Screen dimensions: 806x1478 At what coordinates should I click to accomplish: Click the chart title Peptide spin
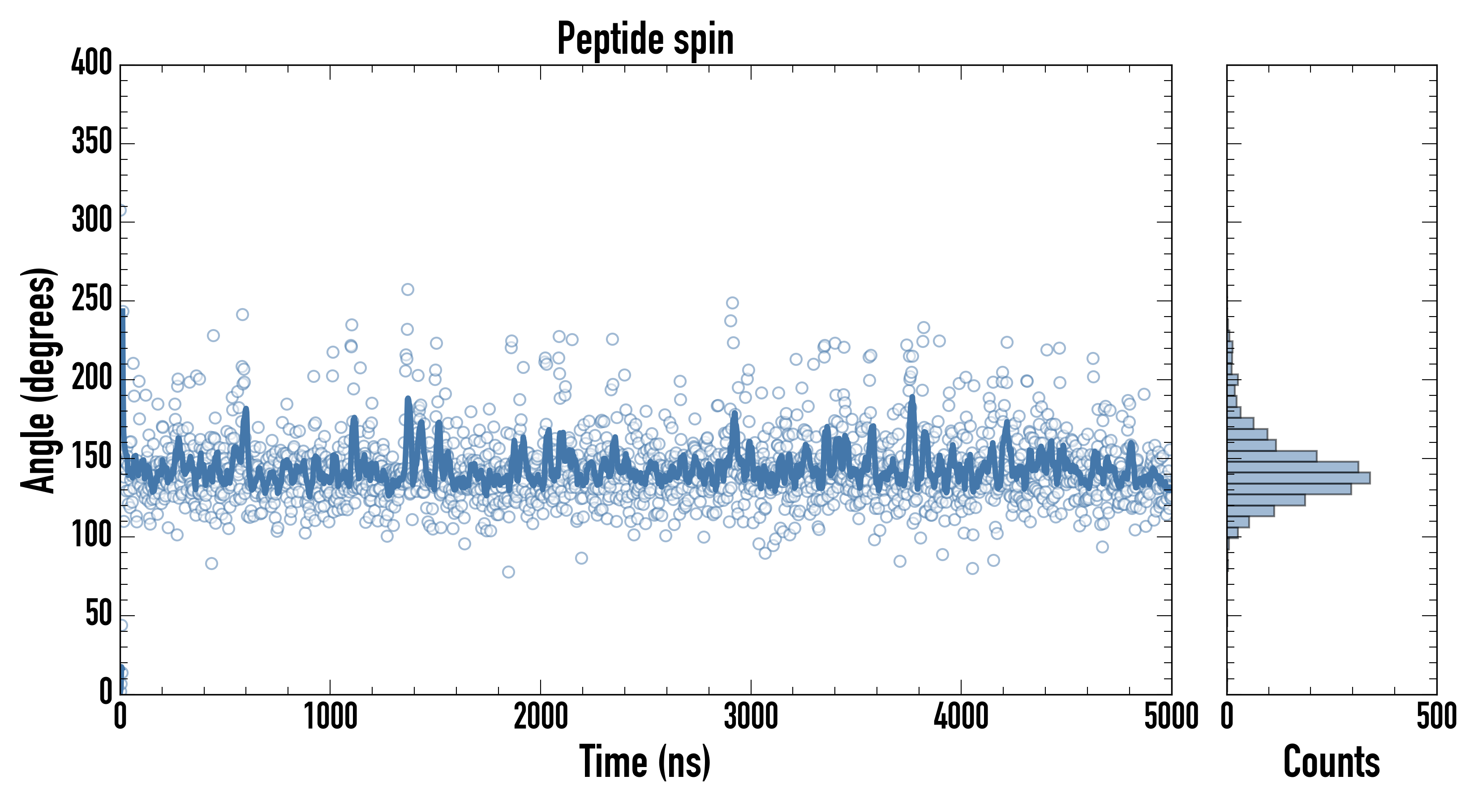pos(645,39)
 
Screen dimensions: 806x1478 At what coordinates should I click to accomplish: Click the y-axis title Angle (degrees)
pos(39,380)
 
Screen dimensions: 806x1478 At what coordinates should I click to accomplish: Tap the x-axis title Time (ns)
pos(645,762)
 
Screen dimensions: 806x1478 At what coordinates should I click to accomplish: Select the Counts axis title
pos(1331,762)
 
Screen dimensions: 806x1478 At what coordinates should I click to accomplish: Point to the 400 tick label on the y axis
pos(91,63)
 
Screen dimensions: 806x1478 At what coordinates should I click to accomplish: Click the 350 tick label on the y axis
pos(91,141)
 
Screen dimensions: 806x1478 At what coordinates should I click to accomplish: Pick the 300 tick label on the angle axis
pos(91,220)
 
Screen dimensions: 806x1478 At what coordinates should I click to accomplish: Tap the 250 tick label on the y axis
pos(91,299)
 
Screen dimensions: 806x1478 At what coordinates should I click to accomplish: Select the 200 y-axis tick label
pos(91,377)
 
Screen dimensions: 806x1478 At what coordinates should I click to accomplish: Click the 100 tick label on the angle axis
pos(91,535)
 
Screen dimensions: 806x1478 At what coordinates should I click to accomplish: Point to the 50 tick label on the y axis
pos(98,614)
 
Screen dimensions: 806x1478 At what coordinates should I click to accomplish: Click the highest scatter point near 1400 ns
pos(408,289)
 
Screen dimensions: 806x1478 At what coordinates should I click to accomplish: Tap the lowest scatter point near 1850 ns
pos(508,571)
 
